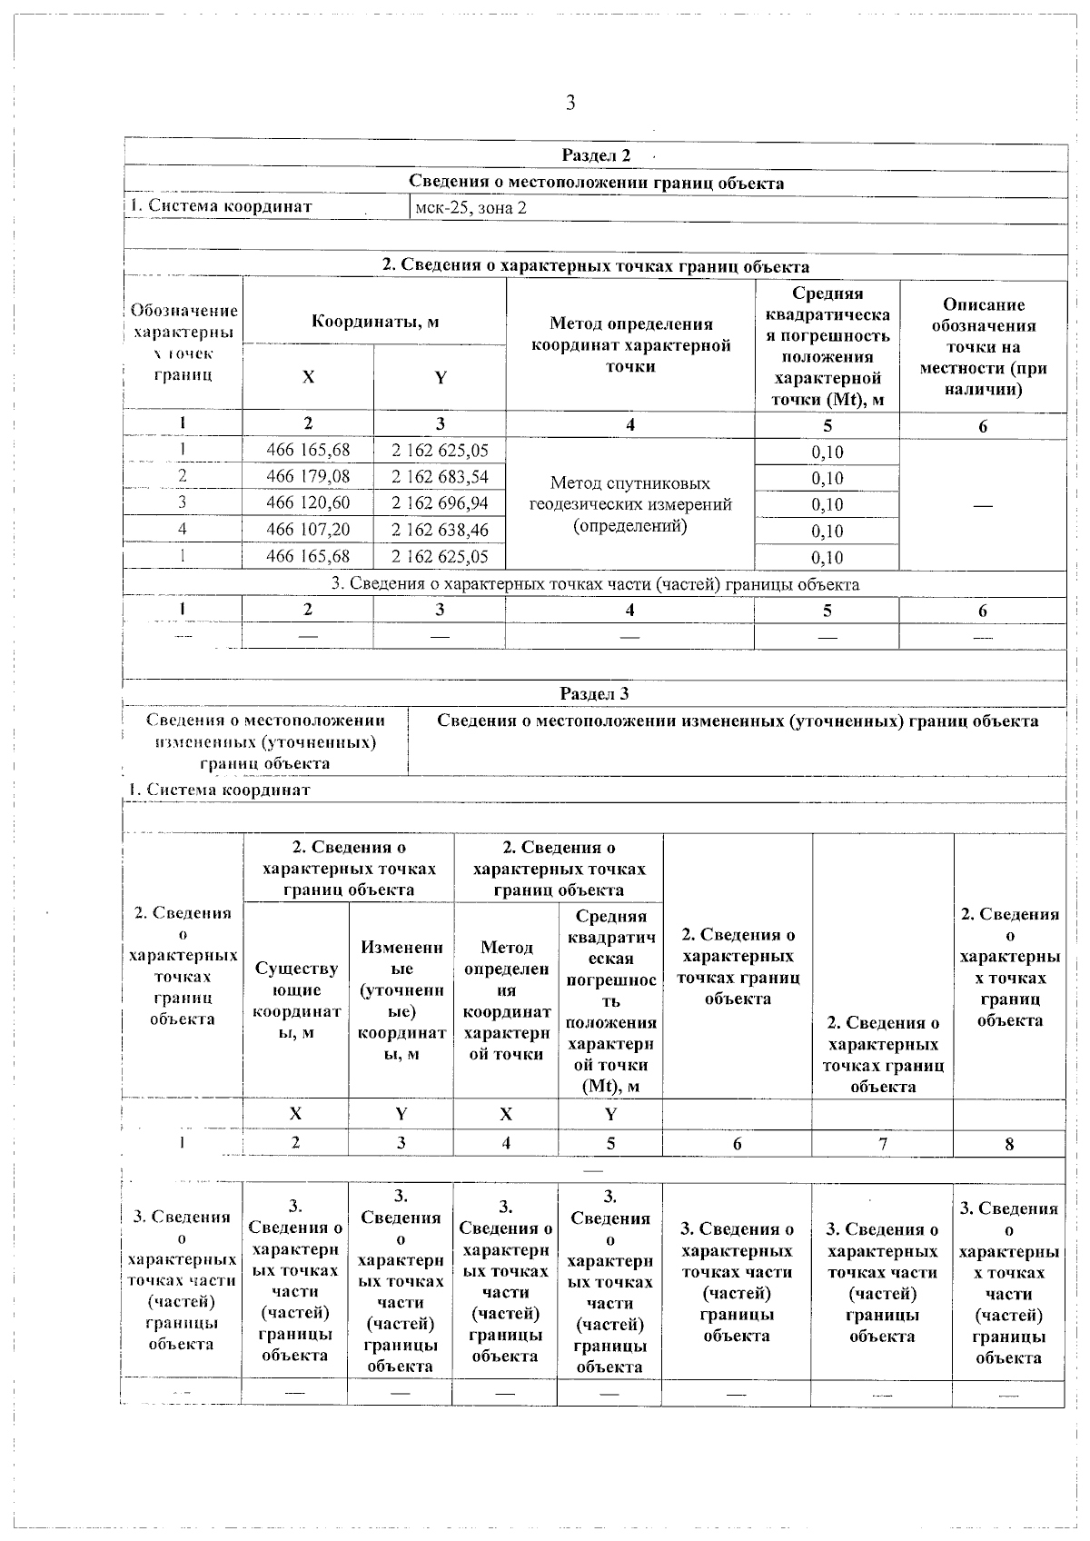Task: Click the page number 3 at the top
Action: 570,103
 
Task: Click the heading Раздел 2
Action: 596,155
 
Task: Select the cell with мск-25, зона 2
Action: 471,207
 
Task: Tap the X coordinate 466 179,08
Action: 308,476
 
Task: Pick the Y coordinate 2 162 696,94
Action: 440,502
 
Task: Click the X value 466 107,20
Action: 308,529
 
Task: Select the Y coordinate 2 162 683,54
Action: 440,476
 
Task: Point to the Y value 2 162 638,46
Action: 440,529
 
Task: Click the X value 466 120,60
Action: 308,502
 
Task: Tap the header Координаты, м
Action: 375,322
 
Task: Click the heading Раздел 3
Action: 594,693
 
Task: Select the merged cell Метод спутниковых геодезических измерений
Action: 630,504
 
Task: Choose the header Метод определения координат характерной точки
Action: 630,345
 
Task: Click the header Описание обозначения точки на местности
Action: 983,346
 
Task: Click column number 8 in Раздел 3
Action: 1009,1144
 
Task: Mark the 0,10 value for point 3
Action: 827,504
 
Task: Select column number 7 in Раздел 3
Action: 882,1143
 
